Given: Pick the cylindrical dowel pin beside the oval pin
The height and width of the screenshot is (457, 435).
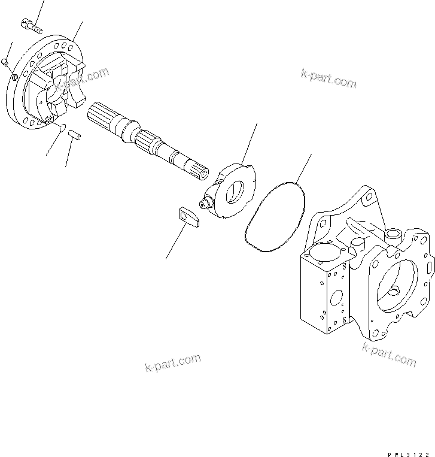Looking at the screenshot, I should tap(75, 134).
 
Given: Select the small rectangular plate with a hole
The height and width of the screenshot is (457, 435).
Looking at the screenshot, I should tap(189, 217).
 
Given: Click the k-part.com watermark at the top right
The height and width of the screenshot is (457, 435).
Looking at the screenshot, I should tap(328, 78).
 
